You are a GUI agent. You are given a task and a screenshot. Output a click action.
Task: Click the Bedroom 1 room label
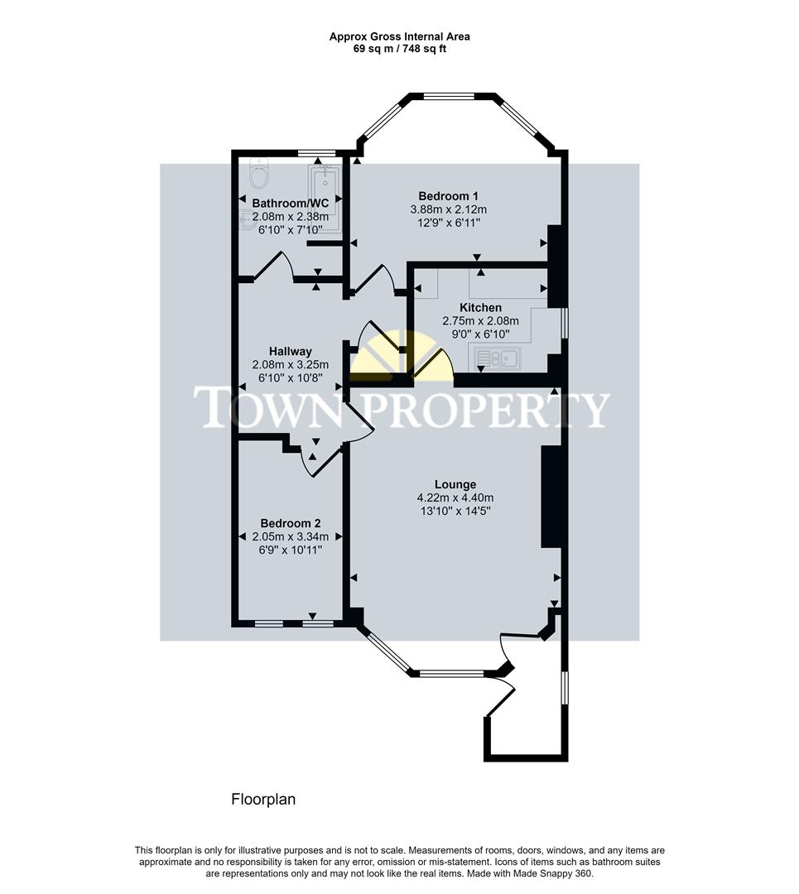click(448, 196)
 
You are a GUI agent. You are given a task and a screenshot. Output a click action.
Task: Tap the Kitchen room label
click(480, 308)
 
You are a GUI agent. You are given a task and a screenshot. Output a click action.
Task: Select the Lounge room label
click(455, 484)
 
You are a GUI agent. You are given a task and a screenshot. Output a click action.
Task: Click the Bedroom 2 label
click(290, 523)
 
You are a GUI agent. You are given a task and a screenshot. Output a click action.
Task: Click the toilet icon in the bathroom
click(258, 175)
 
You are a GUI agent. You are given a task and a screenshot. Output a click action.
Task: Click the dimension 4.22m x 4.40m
click(455, 498)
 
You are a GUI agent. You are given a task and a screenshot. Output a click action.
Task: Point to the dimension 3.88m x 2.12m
click(448, 209)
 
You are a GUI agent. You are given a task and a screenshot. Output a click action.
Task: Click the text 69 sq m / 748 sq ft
click(399, 49)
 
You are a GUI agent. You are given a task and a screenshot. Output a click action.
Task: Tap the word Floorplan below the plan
click(262, 800)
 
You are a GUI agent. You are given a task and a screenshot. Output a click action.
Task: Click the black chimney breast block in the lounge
click(551, 497)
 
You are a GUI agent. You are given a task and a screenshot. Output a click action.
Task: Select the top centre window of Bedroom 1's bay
click(449, 96)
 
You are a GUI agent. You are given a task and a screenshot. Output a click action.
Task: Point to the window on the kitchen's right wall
click(564, 323)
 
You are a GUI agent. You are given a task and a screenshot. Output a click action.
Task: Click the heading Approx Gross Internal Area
click(399, 36)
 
